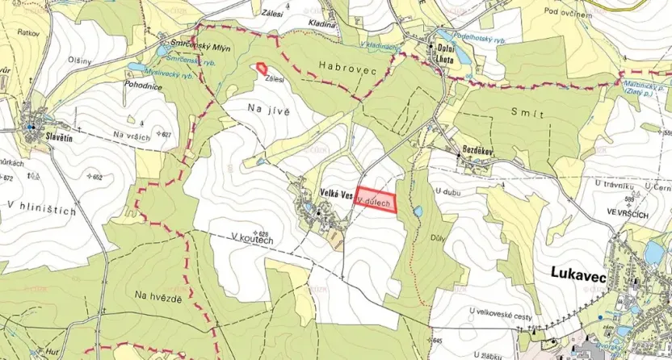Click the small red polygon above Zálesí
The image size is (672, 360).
point(261,69)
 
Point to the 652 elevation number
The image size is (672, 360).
point(99,178)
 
